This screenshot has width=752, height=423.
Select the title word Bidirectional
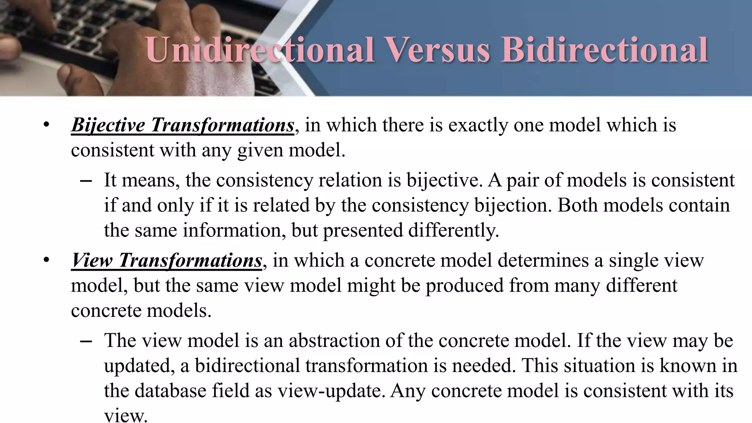[x=604, y=50]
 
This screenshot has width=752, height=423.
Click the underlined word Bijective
[x=108, y=125]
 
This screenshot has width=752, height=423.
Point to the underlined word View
[x=92, y=261]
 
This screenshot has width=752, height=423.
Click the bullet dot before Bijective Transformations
[x=46, y=125]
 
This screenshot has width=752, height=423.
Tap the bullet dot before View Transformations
[x=46, y=260]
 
